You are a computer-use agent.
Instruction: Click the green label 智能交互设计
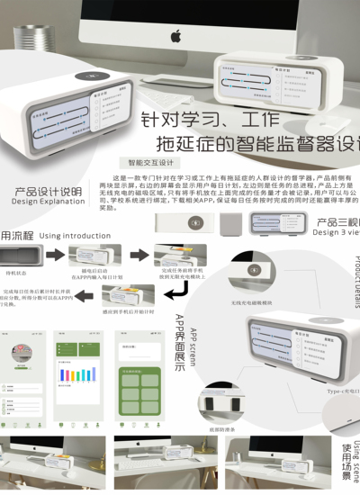pyautogui.click(x=150, y=163)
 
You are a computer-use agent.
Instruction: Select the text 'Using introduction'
pyautogui.click(x=75, y=235)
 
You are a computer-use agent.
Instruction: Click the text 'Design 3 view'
pyautogui.click(x=335, y=231)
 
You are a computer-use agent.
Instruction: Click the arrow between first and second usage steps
pyautogui.click(x=54, y=256)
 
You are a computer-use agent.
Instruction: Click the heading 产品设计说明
pyautogui.click(x=47, y=191)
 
